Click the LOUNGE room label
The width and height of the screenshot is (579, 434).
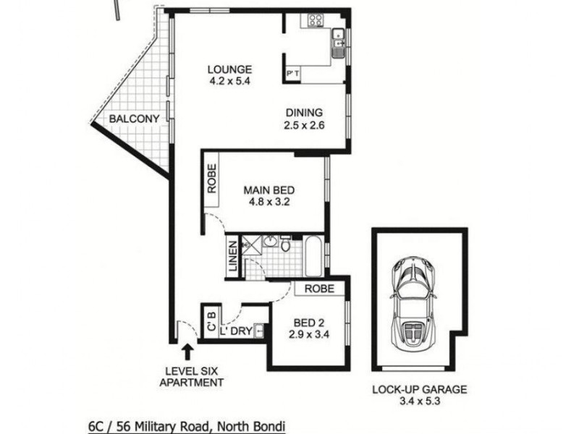(229, 69)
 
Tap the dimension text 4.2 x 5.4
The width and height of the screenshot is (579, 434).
(229, 81)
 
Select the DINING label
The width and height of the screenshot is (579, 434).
(303, 113)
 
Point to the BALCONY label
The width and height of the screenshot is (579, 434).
(134, 119)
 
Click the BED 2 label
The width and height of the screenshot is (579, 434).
(308, 323)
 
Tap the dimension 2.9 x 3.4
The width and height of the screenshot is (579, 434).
(308, 335)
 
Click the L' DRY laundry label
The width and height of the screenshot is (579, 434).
(237, 331)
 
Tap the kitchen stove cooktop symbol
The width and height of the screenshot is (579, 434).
(316, 20)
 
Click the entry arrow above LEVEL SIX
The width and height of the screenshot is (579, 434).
(188, 352)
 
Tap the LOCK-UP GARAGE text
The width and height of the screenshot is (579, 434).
(420, 389)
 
